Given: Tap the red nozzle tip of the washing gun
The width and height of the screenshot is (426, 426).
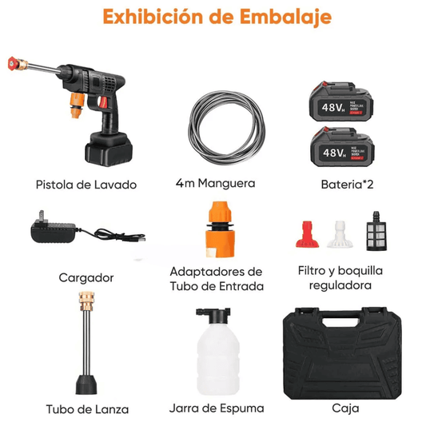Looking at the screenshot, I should (14, 62).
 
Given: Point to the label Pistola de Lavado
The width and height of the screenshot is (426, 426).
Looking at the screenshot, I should (86, 185).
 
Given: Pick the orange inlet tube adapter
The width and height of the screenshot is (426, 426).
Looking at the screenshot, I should (217, 231).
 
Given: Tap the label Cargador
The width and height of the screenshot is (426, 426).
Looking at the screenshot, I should (86, 277).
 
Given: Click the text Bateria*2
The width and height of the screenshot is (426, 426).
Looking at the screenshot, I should (344, 184).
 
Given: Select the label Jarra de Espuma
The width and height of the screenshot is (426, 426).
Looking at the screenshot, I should (216, 408).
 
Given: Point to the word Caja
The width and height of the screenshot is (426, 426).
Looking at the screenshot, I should (344, 408).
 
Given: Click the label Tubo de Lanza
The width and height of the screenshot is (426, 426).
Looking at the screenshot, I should (86, 408).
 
